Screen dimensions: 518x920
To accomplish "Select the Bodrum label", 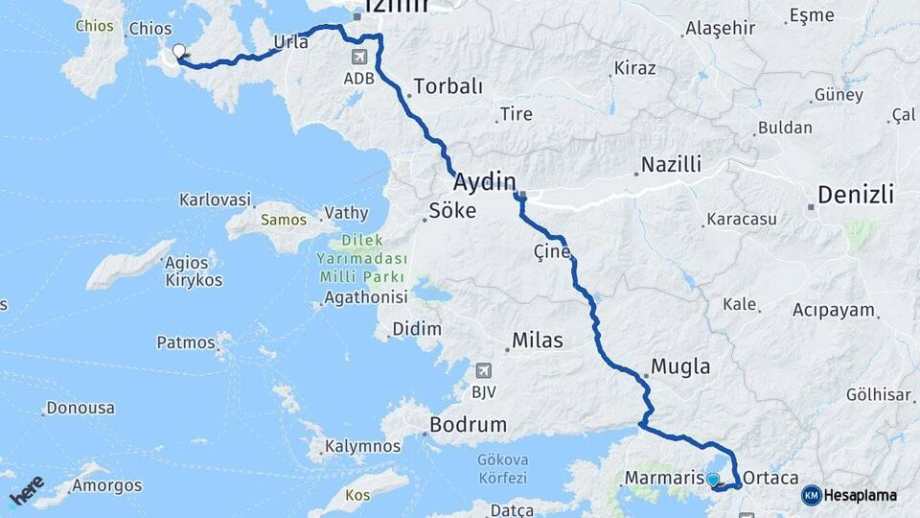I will (469, 425).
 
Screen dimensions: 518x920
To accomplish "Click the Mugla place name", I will (680, 366).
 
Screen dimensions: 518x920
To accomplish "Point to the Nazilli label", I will (671, 165).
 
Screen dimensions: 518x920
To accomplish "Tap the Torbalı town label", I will (448, 86).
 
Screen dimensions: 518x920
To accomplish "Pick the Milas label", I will (538, 341).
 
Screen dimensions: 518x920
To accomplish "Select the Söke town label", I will (452, 211).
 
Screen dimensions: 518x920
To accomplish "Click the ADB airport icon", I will (358, 57).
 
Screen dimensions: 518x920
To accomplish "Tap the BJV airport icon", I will (484, 370).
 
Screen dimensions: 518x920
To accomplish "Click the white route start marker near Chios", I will (178, 53).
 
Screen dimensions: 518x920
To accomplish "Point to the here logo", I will (26, 491).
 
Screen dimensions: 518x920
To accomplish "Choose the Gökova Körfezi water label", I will (502, 468).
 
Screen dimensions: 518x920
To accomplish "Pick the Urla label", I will (291, 42).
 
